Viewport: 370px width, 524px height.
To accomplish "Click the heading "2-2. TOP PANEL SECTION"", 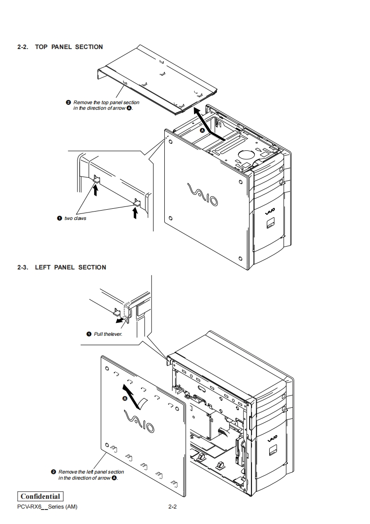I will pos(60,47).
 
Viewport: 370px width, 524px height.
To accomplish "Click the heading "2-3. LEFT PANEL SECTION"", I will pos(62,267).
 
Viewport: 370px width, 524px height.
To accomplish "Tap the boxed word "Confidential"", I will pos(40,496).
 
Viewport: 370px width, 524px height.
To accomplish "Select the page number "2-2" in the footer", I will pos(172,507).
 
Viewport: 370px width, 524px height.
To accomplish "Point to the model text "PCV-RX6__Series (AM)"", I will pos(47,507).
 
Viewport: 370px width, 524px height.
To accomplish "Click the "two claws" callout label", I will pos(75,219).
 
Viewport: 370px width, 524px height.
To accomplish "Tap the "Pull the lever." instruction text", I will pos(108,334).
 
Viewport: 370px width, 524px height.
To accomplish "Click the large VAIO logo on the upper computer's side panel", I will pos(202,194).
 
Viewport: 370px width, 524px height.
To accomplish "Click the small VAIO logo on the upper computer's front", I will pos(270,212).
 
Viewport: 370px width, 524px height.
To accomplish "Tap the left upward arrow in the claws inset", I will pos(96,189).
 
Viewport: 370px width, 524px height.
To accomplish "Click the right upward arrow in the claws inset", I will pos(135,212).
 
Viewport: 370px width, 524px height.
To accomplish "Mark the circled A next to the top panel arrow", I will pos(202,131).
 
